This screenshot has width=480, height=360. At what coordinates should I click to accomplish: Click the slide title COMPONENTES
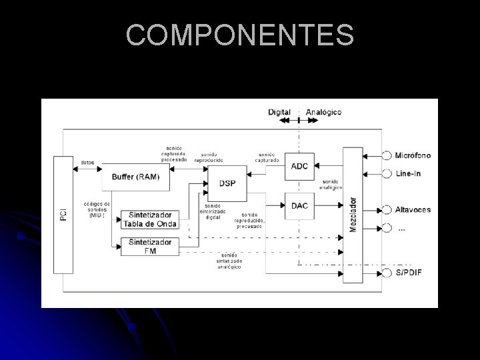(240, 35)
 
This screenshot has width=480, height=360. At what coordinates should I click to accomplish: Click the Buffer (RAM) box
(135, 177)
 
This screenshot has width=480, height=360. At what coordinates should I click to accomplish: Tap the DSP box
(227, 182)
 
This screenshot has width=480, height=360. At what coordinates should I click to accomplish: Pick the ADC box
(299, 166)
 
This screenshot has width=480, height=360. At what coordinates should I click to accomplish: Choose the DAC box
(299, 205)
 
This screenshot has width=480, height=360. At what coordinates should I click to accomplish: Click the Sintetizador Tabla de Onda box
(149, 219)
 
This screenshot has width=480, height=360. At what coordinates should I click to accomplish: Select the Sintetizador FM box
(149, 246)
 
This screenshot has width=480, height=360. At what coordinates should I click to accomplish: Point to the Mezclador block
(353, 215)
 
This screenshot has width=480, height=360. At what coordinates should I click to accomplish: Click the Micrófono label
(413, 155)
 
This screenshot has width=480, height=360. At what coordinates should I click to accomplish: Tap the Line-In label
(408, 174)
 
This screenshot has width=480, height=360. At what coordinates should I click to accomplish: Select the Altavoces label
(413, 209)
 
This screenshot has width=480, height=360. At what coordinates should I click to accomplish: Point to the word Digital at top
(279, 112)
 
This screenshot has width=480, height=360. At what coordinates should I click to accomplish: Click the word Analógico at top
(323, 112)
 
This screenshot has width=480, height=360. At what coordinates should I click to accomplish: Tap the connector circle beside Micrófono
(387, 155)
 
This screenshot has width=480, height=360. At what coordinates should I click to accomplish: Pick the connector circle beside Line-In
(387, 174)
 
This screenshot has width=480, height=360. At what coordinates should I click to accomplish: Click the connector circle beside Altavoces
(387, 209)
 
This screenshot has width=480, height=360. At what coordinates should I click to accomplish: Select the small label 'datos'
(87, 162)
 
